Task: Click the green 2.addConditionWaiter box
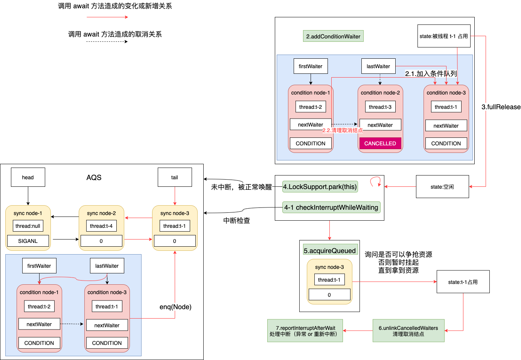[333, 36]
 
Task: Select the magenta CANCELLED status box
[380, 143]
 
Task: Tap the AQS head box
[28, 177]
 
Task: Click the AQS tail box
[175, 177]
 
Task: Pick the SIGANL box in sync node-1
[28, 241]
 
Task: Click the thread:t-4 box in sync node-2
[101, 226]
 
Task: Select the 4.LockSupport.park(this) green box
[320, 187]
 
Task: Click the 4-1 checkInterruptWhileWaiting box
[331, 207]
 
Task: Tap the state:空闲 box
[442, 187]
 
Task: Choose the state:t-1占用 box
[463, 282]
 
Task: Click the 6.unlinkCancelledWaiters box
[408, 331]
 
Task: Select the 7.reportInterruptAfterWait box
[305, 331]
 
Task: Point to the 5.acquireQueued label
[330, 250]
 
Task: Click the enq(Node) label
[175, 307]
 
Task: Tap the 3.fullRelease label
[501, 107]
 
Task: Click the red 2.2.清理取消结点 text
[343, 130]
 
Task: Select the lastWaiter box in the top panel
[378, 66]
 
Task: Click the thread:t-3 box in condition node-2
[380, 107]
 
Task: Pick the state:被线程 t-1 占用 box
[444, 36]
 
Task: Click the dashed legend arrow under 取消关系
[107, 41]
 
